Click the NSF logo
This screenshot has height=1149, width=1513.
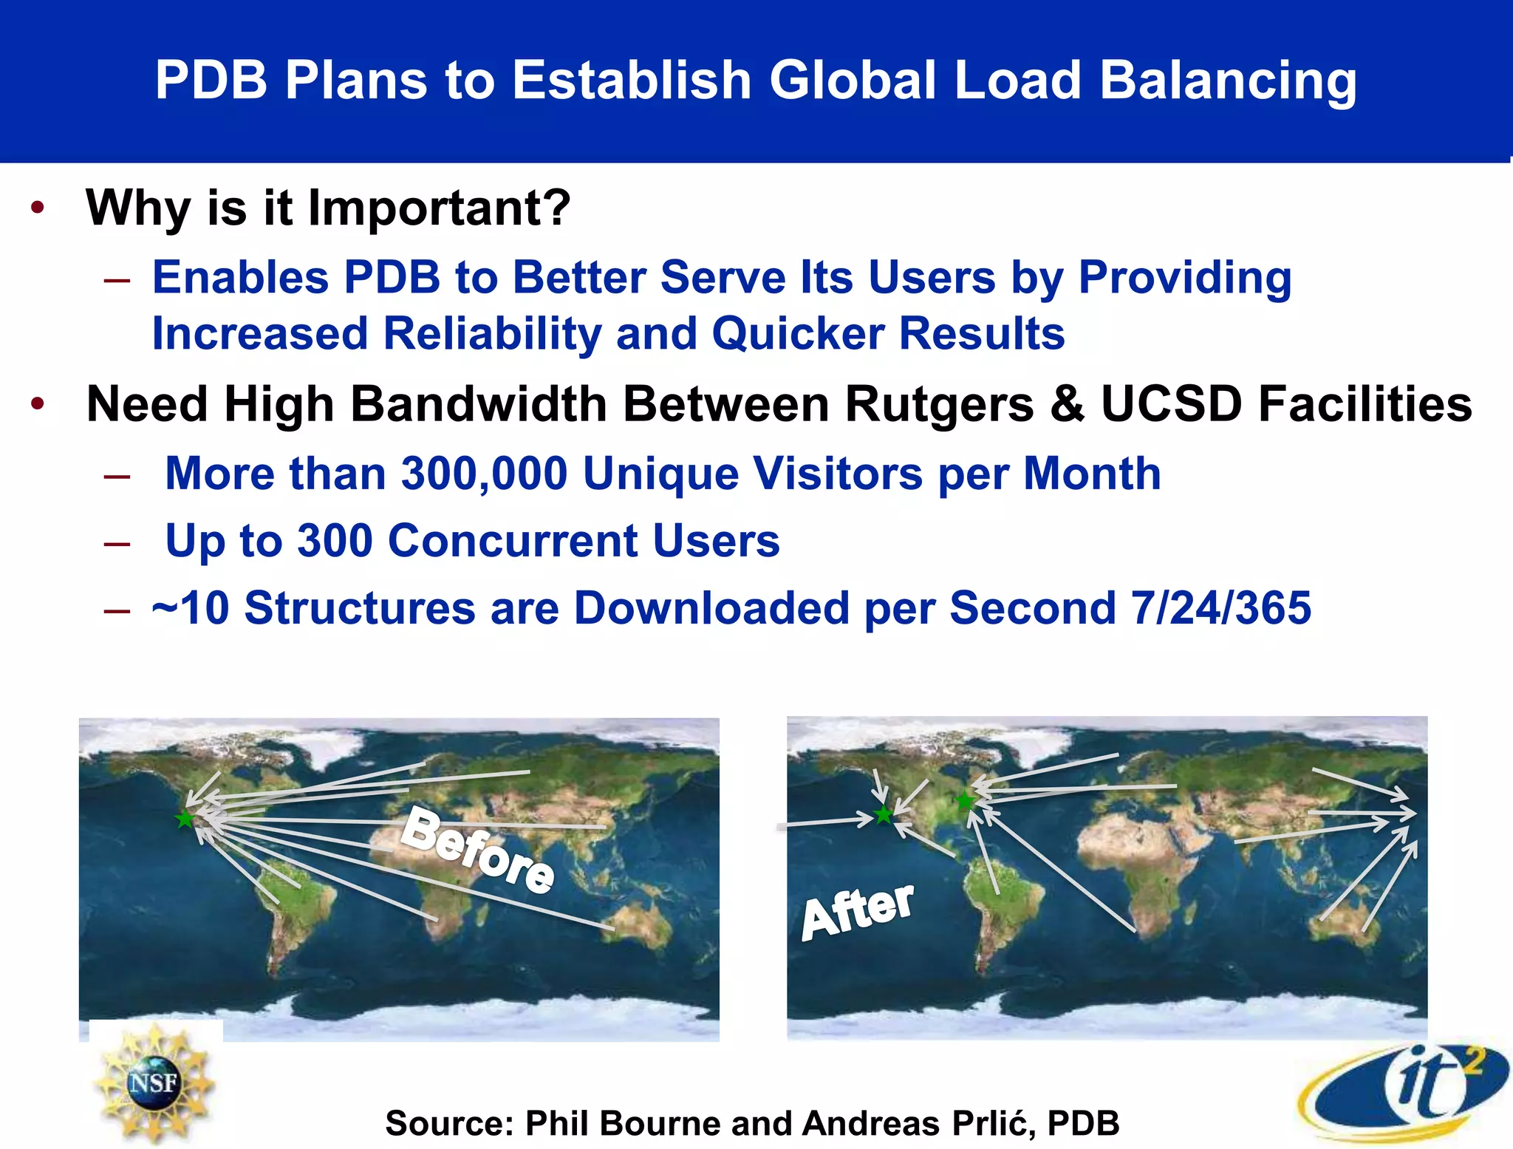154,1082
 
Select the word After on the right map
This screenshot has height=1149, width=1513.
858,912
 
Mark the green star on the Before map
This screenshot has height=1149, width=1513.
184,819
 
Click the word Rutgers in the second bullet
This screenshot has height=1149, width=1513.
939,405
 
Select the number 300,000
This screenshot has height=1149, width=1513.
484,474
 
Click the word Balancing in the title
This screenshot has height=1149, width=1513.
1228,80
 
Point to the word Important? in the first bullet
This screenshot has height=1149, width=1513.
440,208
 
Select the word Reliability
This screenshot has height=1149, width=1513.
492,334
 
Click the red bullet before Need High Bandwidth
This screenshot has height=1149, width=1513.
38,404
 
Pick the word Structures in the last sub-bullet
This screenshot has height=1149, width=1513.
360,608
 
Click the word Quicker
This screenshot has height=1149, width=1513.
798,334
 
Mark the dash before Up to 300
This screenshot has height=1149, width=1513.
117,543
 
